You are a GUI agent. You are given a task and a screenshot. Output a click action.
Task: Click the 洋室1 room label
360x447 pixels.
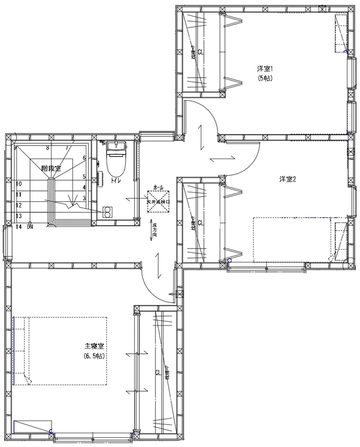pos(265,69)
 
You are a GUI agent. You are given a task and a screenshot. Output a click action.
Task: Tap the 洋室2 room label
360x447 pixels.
pos(287,179)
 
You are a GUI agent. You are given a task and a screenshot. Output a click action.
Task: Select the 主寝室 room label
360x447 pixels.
pos(93,345)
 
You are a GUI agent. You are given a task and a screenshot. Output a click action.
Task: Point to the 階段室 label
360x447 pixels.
pos(51,168)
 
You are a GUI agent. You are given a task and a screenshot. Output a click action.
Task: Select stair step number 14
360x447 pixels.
pos(19,227)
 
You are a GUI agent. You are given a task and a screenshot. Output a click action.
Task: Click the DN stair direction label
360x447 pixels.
pos(31,227)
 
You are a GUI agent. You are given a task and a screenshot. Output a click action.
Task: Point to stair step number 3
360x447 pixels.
pos(84,198)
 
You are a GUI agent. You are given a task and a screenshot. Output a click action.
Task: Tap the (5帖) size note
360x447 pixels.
pos(265,78)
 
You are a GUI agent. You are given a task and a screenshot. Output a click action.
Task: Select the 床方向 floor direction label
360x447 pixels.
pos(154,233)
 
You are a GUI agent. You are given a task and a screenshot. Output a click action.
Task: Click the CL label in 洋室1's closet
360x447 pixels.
pos(200,52)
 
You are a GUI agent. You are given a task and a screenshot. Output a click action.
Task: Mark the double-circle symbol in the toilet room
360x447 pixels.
pos(107,211)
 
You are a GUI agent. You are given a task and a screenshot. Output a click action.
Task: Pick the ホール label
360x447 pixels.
pos(159,188)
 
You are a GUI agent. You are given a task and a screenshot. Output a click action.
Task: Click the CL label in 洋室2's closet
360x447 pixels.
pos(200,223)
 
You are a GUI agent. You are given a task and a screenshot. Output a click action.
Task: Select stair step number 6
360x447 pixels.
pos(84,158)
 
